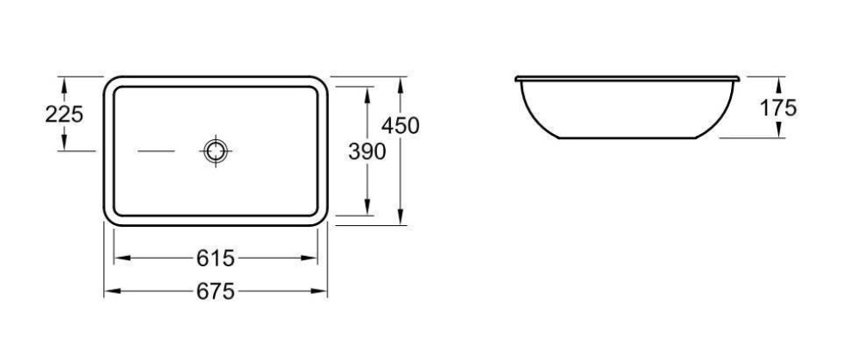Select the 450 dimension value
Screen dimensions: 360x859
[400, 125]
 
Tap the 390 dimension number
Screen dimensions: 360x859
[367, 151]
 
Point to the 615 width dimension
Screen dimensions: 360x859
[216, 258]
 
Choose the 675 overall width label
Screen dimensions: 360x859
[216, 292]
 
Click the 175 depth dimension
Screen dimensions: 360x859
[778, 107]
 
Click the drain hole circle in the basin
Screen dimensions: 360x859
[215, 151]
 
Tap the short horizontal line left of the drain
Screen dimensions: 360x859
[156, 151]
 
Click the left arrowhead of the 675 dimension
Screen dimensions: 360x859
[110, 292]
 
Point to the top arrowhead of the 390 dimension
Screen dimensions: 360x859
[368, 92]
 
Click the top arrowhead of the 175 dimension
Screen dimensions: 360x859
[778, 82]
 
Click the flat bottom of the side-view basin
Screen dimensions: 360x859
[626, 137]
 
